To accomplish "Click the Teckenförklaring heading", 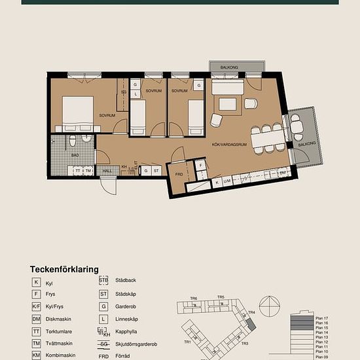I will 64,269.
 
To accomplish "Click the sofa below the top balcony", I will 227,88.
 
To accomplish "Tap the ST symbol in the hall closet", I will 156,170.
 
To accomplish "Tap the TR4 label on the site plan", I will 251,313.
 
